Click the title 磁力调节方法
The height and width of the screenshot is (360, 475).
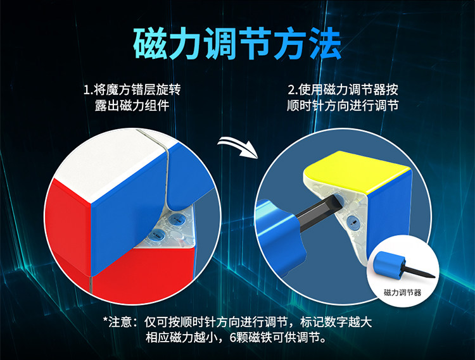click(x=237, y=44)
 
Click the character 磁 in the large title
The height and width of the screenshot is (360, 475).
click(x=150, y=44)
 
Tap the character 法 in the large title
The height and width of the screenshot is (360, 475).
click(x=326, y=44)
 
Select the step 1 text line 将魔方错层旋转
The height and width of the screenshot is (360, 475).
click(x=137, y=90)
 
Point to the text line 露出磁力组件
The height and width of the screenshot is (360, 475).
click(x=132, y=106)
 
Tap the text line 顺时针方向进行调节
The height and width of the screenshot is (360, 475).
click(x=343, y=106)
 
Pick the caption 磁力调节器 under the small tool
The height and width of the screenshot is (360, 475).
click(x=403, y=292)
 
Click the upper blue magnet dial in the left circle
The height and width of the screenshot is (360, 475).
click(x=177, y=219)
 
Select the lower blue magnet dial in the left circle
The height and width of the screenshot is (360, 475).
click(x=156, y=234)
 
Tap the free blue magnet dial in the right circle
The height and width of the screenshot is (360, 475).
click(x=353, y=221)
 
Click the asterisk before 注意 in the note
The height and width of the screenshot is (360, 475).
click(x=105, y=320)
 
